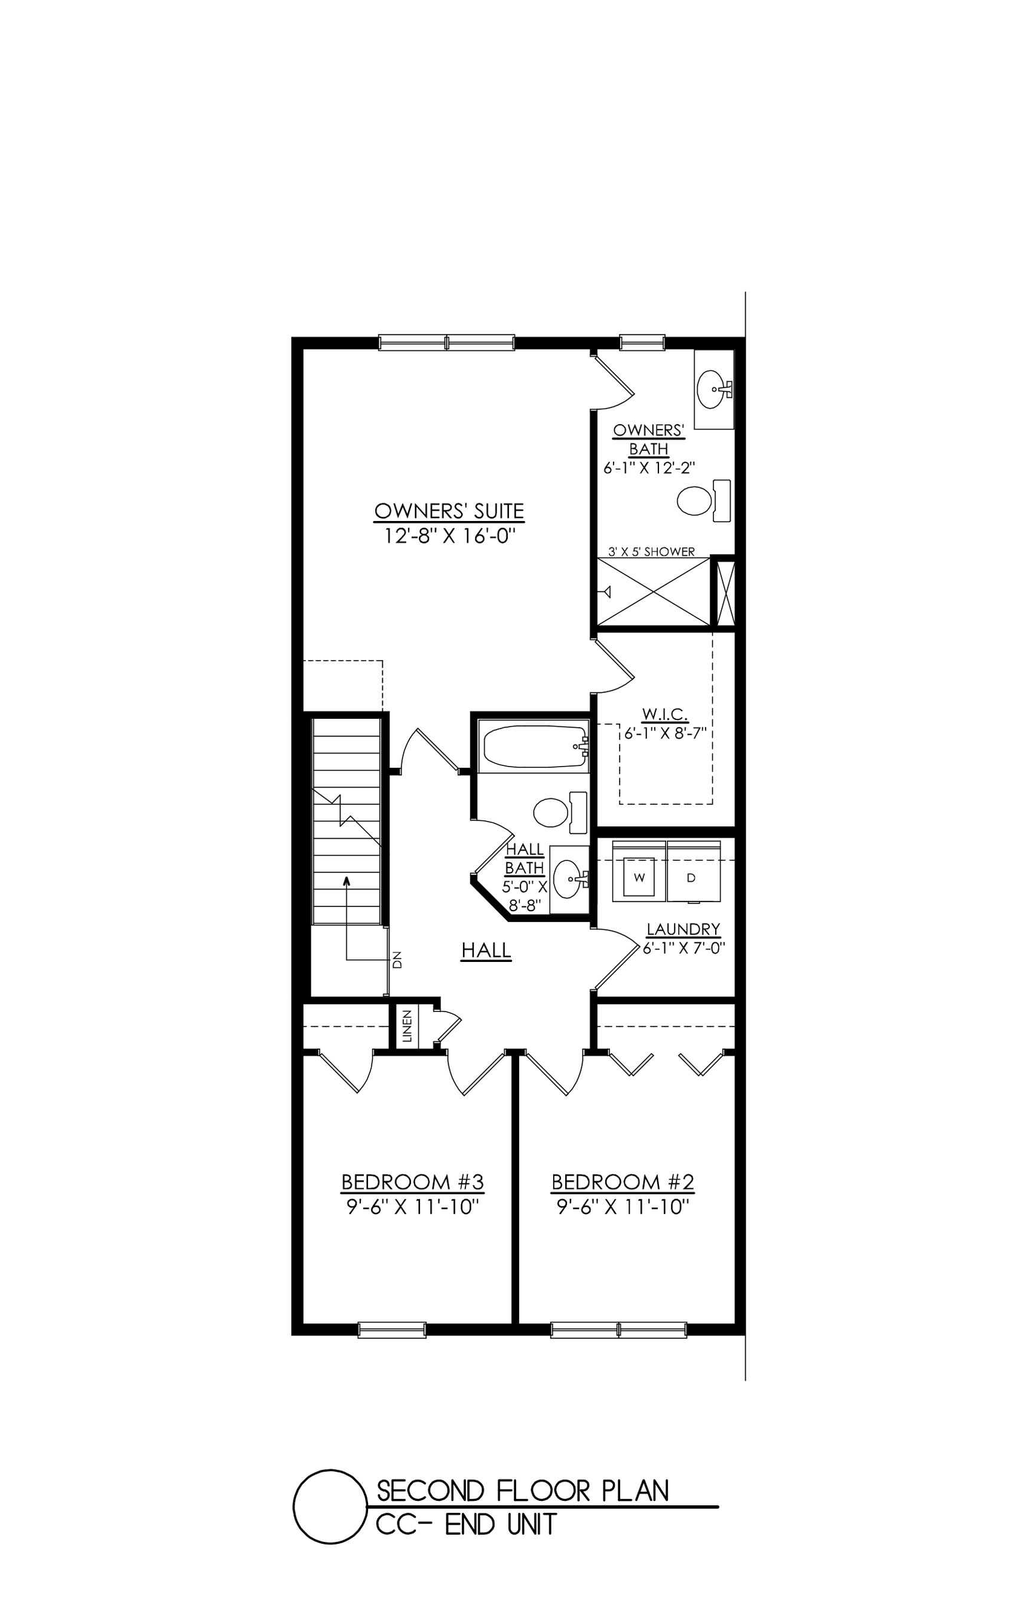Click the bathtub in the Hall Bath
(534, 746)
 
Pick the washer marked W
(638, 877)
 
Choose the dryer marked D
(692, 877)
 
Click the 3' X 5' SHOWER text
(651, 551)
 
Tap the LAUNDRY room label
(683, 929)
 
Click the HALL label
(486, 950)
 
